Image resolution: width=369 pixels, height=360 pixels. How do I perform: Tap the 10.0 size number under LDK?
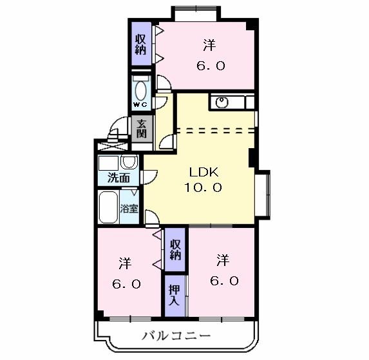[205, 188]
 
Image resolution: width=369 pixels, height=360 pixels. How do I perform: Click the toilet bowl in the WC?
[140, 88]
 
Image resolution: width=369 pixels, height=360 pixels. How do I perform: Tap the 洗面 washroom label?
[118, 178]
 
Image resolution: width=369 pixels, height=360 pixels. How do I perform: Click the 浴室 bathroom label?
[129, 208]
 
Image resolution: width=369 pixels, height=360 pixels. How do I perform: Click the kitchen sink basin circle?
[222, 102]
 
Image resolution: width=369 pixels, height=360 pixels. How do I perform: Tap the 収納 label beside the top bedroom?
[141, 43]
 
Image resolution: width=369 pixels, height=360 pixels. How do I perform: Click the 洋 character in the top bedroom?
[209, 45]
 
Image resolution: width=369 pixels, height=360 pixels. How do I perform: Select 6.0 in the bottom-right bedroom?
[223, 281]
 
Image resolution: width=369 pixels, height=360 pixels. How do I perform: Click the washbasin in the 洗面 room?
[128, 162]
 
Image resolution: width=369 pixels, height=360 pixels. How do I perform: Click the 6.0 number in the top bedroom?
[210, 65]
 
